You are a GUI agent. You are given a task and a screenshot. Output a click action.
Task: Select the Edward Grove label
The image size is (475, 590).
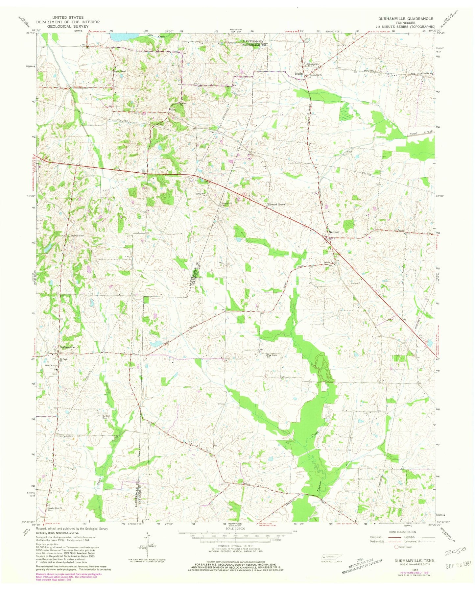(x=276, y=204)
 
